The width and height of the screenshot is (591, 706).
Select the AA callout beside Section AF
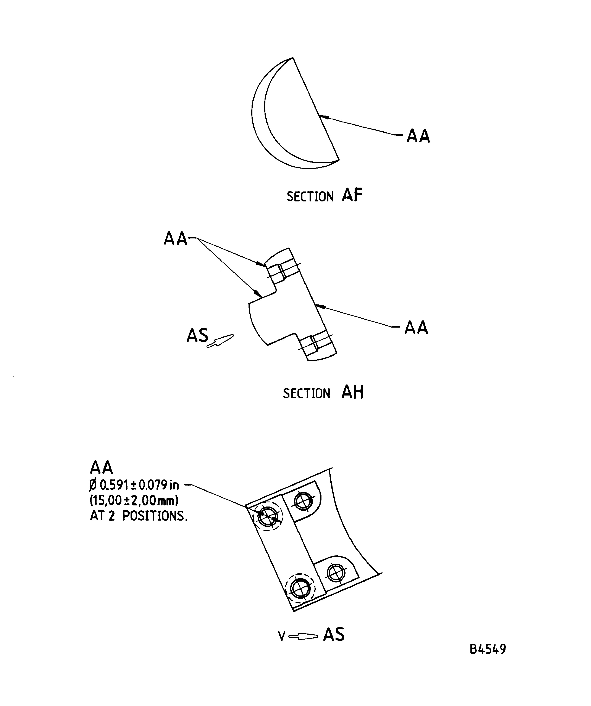tap(418, 136)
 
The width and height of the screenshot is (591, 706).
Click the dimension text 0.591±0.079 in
tap(139, 485)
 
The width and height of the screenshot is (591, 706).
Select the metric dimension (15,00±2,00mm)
tap(134, 501)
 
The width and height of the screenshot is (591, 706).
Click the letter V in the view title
tap(282, 636)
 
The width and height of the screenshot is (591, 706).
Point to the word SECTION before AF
tap(310, 197)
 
